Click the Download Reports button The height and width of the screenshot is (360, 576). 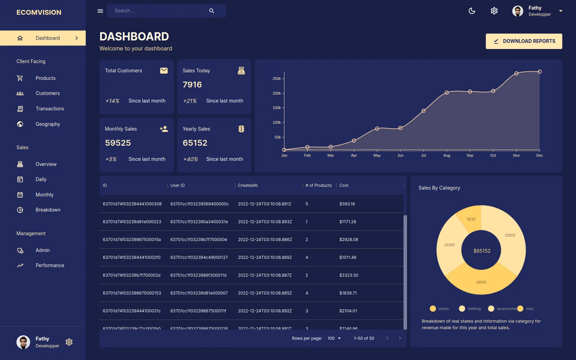(x=524, y=41)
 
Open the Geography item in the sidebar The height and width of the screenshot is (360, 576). (x=48, y=124)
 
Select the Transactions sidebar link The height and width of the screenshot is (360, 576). (x=50, y=109)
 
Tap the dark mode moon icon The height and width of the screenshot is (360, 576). (x=472, y=11)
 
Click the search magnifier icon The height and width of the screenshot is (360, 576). (x=212, y=11)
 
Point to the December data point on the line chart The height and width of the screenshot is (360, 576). (x=539, y=72)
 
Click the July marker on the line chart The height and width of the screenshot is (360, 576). (x=423, y=111)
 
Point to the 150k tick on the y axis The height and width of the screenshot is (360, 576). (x=277, y=108)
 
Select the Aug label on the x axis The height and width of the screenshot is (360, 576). (x=446, y=155)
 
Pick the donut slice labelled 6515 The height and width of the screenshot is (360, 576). (x=471, y=219)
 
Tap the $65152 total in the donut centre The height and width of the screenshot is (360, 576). (x=482, y=251)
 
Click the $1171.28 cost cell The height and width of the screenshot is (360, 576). (x=348, y=222)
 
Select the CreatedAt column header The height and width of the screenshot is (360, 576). (x=248, y=185)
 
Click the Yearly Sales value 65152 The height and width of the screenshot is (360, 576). (x=195, y=143)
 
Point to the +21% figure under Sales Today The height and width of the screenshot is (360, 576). (x=190, y=101)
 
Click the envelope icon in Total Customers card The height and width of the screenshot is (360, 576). (x=164, y=71)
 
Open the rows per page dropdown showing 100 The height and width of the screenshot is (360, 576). (x=334, y=338)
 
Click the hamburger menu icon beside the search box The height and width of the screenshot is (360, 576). (x=100, y=11)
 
